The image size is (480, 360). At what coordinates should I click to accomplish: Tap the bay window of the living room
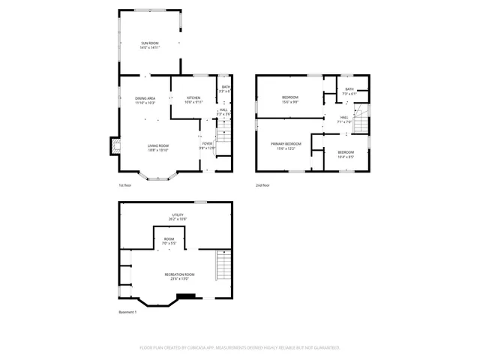pos(157,177)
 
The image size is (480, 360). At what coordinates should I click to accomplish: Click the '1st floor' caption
pos(125,185)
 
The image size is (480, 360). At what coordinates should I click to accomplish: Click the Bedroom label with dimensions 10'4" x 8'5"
pos(346,154)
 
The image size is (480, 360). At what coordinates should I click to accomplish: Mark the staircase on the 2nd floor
pos(361,118)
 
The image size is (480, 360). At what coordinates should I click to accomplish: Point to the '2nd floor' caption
pos(262,185)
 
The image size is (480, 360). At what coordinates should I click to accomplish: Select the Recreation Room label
pos(177,276)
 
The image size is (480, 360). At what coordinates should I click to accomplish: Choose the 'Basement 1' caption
pos(127,312)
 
